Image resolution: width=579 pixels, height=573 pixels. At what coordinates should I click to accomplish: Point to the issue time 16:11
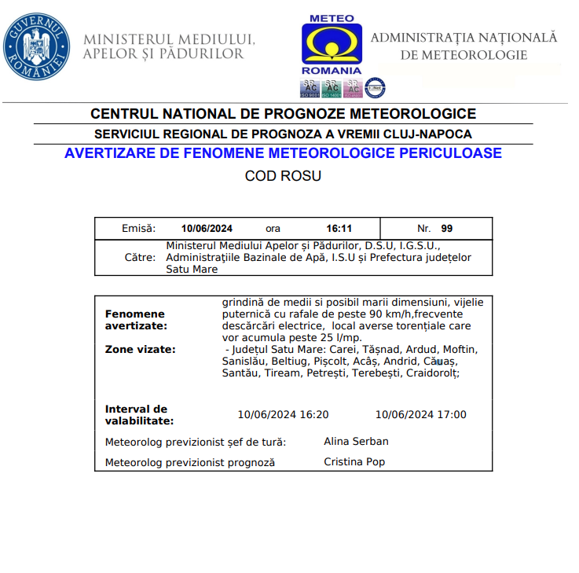point(339,229)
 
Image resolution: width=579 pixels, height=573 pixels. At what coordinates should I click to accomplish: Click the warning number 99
point(447,229)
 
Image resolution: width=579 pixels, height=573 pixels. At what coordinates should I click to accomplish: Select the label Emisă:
point(138,229)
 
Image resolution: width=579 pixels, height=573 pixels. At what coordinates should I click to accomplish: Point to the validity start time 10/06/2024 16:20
point(283,415)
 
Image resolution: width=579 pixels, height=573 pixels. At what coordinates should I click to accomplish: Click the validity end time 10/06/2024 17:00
point(420,415)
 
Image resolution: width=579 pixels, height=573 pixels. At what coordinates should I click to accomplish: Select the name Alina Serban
point(356,442)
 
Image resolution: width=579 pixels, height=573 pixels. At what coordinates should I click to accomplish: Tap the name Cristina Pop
point(354,462)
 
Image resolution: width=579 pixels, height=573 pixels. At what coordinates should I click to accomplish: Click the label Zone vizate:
point(140,349)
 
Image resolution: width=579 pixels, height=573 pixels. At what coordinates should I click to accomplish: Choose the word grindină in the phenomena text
point(244,302)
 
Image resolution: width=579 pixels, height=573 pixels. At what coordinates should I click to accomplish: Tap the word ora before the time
point(273,229)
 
